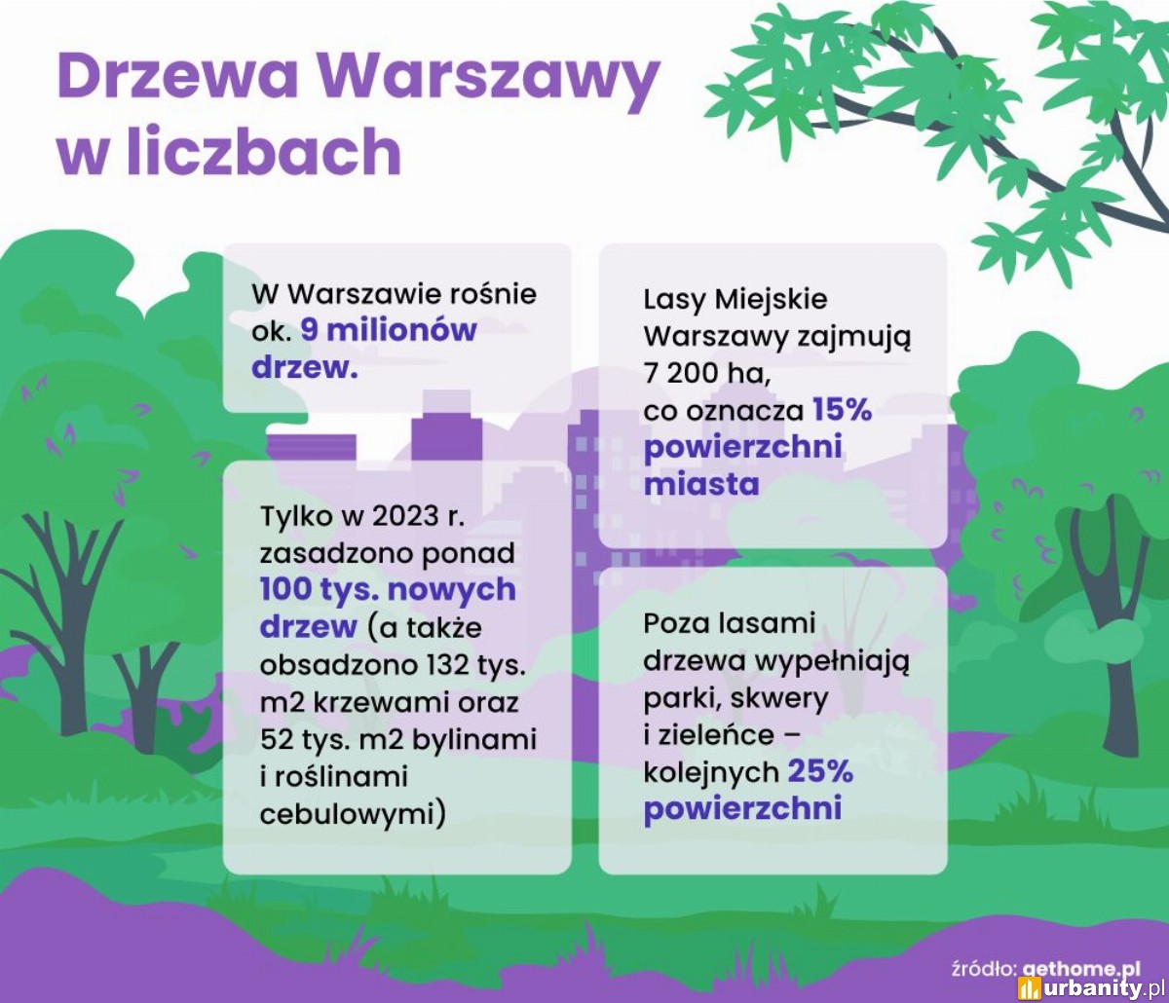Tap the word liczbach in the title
click(264, 151)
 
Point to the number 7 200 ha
click(706, 373)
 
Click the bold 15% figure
click(843, 409)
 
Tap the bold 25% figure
click(820, 771)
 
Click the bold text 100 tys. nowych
click(388, 590)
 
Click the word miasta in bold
click(701, 484)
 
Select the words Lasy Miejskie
click(735, 300)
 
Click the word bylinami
click(474, 739)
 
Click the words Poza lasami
click(730, 623)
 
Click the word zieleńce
click(714, 734)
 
